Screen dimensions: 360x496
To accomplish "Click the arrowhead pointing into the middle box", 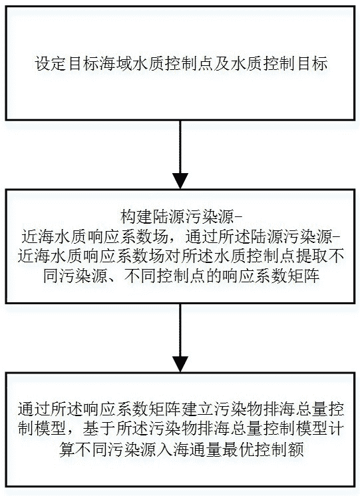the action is (x=180, y=180).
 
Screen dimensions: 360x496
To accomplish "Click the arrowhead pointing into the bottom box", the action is (x=180, y=364).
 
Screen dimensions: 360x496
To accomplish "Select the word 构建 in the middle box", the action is (x=136, y=218).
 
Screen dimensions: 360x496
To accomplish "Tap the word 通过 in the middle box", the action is (x=202, y=236).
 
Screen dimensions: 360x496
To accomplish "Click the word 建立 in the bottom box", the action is (x=198, y=409).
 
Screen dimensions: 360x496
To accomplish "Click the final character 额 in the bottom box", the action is (x=296, y=449).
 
